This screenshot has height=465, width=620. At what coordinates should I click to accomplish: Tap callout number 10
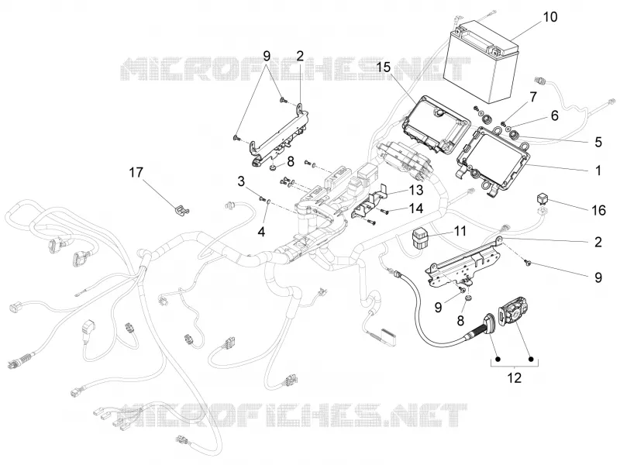click(x=549, y=17)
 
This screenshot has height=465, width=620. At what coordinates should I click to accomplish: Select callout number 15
click(x=383, y=67)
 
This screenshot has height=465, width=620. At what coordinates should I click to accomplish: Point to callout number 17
click(x=136, y=172)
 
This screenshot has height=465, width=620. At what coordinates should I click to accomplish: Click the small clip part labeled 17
click(x=181, y=210)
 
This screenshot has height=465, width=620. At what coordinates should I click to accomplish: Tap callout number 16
click(x=599, y=210)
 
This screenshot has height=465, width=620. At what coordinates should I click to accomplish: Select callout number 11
click(x=460, y=230)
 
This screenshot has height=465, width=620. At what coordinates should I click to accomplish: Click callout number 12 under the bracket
click(x=514, y=377)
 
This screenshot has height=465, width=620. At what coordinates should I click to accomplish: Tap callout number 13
click(x=416, y=190)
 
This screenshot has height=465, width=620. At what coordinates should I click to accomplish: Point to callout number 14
click(x=416, y=208)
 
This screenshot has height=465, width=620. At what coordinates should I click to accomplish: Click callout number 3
click(x=241, y=181)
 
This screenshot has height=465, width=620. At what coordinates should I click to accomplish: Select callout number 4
click(x=261, y=231)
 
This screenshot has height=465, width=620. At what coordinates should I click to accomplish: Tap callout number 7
click(x=533, y=96)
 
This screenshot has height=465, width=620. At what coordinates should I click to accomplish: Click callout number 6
click(x=555, y=115)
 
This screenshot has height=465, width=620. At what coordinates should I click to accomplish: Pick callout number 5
click(x=598, y=142)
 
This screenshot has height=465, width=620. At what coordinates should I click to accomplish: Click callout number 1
click(x=598, y=170)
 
